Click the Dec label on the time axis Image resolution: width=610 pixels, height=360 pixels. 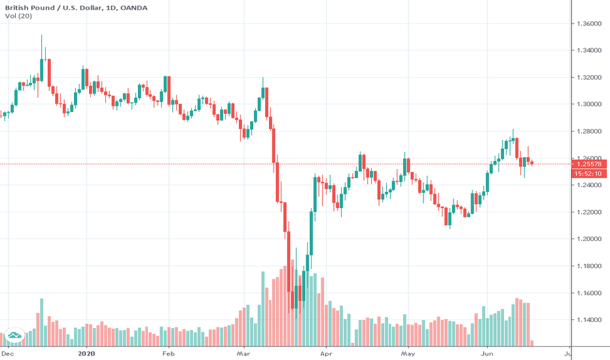coord(7,353)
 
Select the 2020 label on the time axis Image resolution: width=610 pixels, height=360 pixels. coord(86,353)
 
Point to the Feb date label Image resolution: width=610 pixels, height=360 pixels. coord(168,353)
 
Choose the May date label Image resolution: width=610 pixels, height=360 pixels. coord(407,353)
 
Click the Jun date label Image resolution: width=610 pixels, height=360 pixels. coord(488,353)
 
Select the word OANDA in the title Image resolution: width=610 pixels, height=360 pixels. coord(134,8)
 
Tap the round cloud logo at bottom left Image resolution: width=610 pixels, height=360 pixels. coord(14,337)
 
